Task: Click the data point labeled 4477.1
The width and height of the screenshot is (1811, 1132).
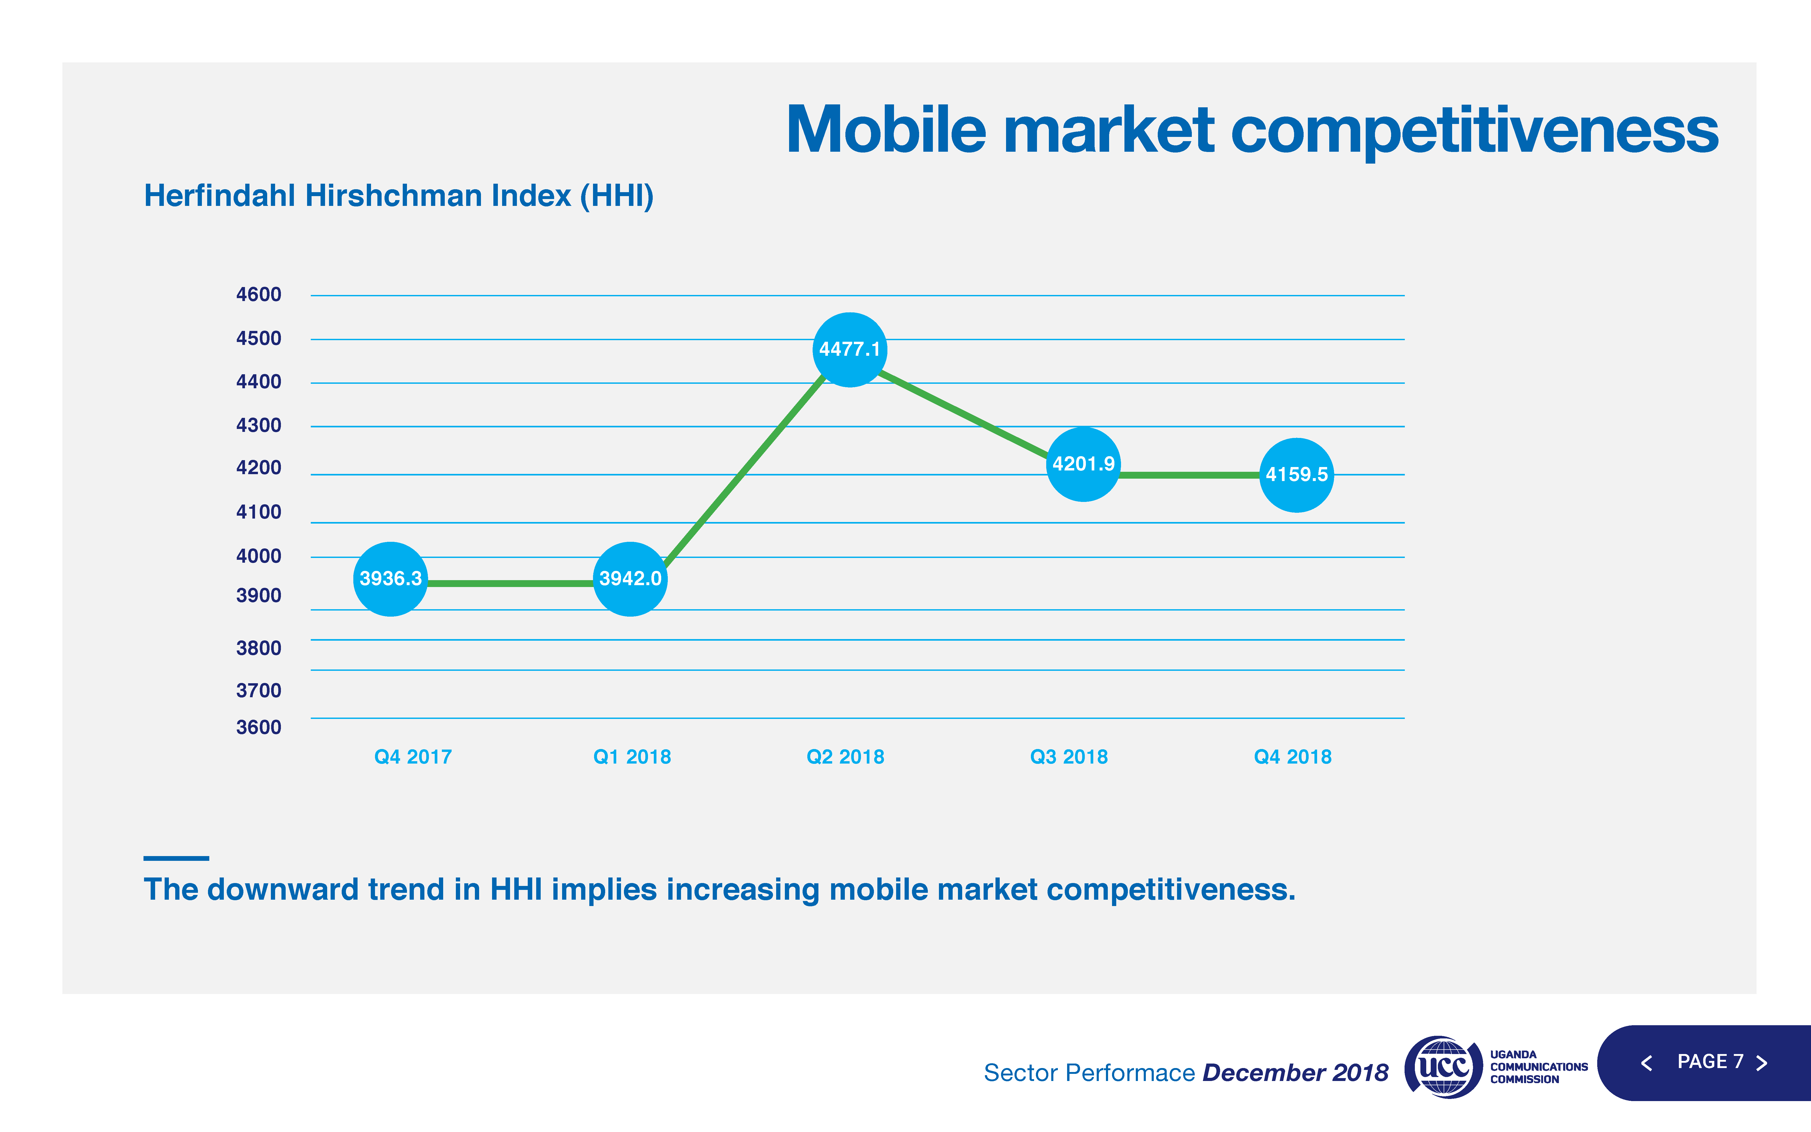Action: [x=849, y=350]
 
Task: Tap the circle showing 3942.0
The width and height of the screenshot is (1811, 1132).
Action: [x=630, y=579]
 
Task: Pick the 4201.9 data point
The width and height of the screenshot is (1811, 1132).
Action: [x=1083, y=464]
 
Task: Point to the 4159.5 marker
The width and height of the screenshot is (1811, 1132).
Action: [x=1296, y=475]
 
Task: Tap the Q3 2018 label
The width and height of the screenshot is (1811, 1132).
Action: [x=1069, y=757]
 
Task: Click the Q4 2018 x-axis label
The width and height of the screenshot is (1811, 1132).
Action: [x=1293, y=757]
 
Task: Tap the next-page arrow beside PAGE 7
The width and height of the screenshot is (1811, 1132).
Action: [x=1762, y=1063]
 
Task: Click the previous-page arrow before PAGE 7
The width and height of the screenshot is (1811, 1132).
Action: [x=1646, y=1063]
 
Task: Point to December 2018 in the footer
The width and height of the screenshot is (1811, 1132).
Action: [x=1295, y=1073]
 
